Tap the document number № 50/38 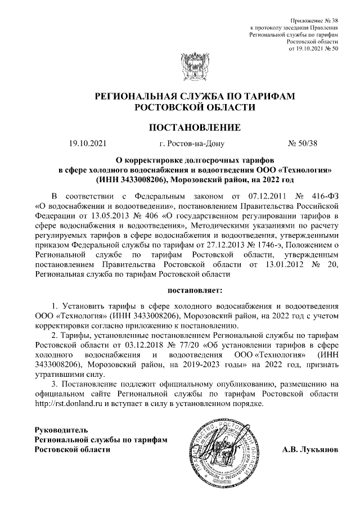click(x=303, y=143)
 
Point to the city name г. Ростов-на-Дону click(x=192, y=143)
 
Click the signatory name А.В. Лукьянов click(x=310, y=450)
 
